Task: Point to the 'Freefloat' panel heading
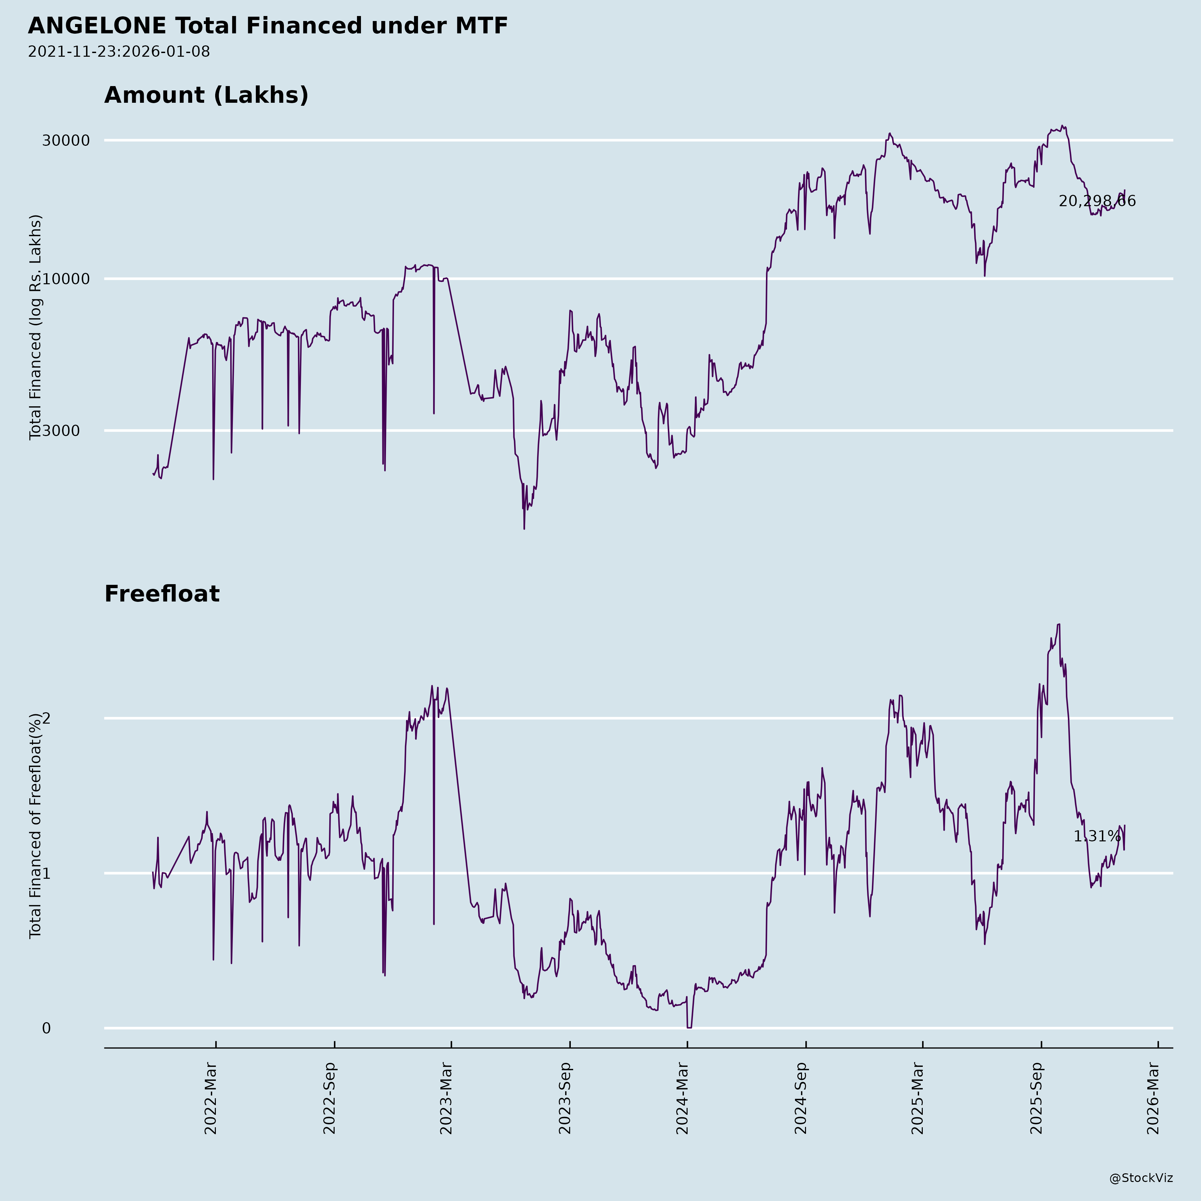(161, 594)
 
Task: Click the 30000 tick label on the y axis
(66, 140)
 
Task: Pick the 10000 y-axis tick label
(66, 279)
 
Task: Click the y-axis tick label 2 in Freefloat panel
(46, 719)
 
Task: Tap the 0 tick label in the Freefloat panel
(46, 1028)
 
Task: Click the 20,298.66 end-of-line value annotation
(1097, 202)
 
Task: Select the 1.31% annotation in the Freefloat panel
(1097, 837)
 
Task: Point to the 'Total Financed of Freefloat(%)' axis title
(35, 826)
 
